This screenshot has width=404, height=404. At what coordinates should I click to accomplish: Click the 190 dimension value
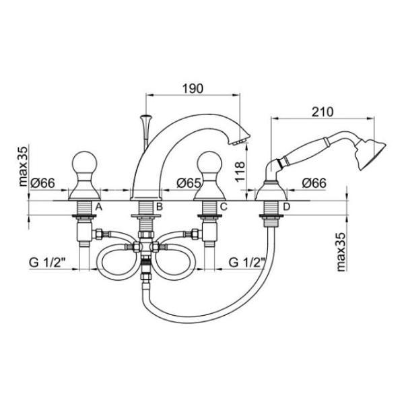pos(193,88)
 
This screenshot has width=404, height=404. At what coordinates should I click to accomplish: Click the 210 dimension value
pos(323,112)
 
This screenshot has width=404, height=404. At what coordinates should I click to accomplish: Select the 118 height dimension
pos(240,172)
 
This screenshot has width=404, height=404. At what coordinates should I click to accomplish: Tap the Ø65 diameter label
pos(189,183)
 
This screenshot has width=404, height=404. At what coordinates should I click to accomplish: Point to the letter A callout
pos(99,207)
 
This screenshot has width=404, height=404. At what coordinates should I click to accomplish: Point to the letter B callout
pos(160,207)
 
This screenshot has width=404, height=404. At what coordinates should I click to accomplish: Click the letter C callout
pos(224,207)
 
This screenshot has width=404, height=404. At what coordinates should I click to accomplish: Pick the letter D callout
pos(287,207)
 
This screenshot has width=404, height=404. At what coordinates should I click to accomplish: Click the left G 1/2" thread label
pos(48,263)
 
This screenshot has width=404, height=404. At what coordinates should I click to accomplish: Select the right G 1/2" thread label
pos(247,263)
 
